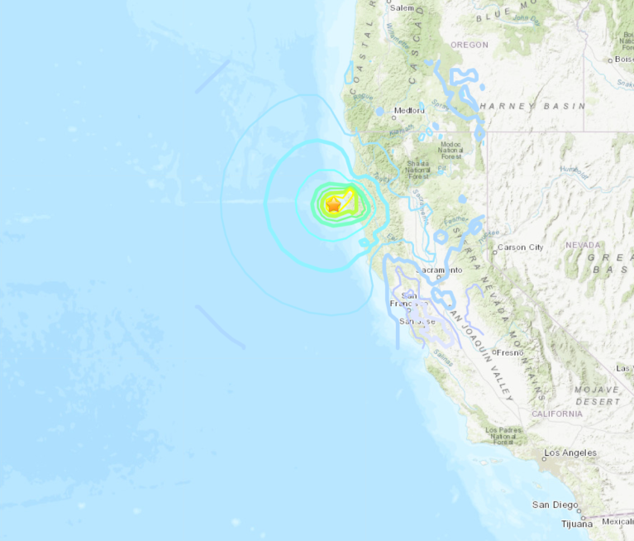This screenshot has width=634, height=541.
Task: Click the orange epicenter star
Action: pyautogui.click(x=333, y=204)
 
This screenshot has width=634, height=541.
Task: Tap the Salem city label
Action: pyautogui.click(x=402, y=8)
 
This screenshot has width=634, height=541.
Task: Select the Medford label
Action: pyautogui.click(x=409, y=110)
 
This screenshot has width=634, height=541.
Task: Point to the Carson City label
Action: pyautogui.click(x=520, y=247)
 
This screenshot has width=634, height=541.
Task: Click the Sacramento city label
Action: pyautogui.click(x=437, y=270)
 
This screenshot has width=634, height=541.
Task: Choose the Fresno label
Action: pyautogui.click(x=511, y=352)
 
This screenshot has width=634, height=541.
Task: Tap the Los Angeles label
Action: pyautogui.click(x=570, y=453)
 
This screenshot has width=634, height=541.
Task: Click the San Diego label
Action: pyautogui.click(x=554, y=505)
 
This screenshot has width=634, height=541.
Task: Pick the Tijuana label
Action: pyautogui.click(x=576, y=524)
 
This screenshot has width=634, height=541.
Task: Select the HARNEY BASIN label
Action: pyautogui.click(x=532, y=106)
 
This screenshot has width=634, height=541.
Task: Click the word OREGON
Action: pyautogui.click(x=470, y=45)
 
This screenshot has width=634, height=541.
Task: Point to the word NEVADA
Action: pyautogui.click(x=584, y=245)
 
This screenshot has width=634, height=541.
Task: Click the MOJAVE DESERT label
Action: pyautogui.click(x=598, y=395)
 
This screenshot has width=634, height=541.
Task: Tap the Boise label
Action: pyautogui.click(x=624, y=60)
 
